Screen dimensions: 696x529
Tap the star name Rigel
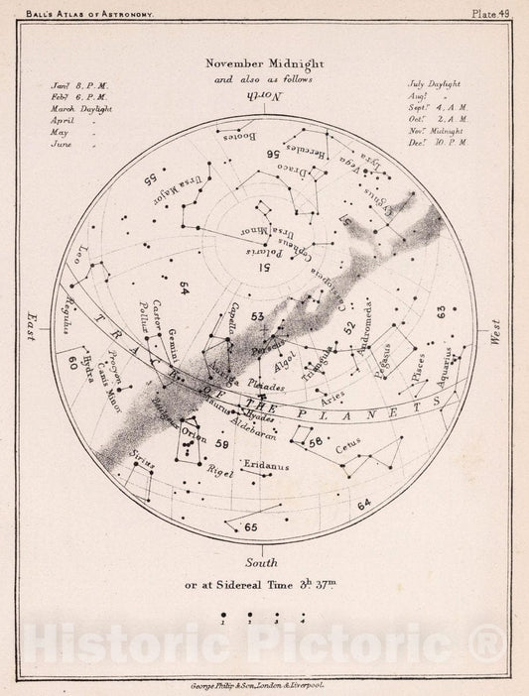(217, 474)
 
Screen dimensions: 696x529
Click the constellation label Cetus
(352, 448)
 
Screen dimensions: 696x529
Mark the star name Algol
(295, 363)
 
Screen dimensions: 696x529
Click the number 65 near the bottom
(250, 526)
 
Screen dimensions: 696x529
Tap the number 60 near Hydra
(72, 363)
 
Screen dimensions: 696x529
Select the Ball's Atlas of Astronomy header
(87, 10)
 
